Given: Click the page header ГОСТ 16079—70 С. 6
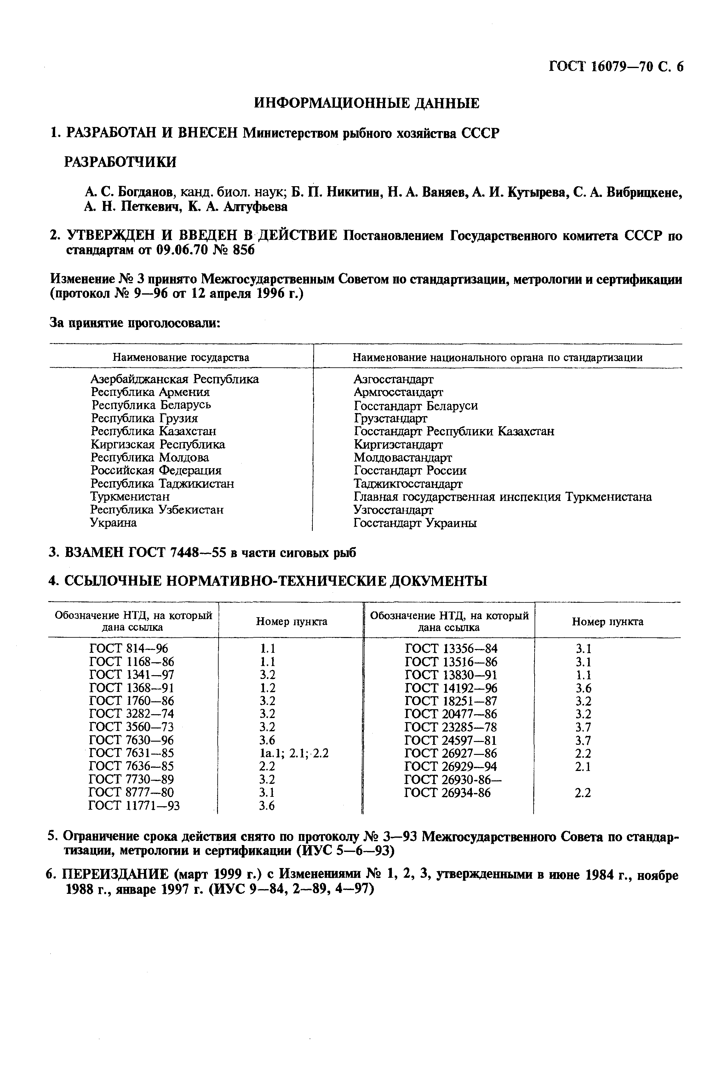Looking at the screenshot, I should [x=616, y=67].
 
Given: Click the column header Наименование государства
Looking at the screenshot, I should [x=181, y=357].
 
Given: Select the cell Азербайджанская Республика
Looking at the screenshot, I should [x=175, y=379].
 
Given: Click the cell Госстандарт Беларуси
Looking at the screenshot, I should [x=415, y=405].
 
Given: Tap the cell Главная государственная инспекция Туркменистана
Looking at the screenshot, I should [x=502, y=496].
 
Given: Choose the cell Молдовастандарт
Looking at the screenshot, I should [x=403, y=457].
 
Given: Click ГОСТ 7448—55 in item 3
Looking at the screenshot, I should [x=178, y=553].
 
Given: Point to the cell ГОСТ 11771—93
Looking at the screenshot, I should [x=134, y=806].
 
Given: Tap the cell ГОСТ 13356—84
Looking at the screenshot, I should [x=451, y=648].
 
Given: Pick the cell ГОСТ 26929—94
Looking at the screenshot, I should [x=451, y=766].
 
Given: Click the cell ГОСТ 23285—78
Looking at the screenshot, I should [x=451, y=727].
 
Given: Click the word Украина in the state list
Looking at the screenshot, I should [x=113, y=523].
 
